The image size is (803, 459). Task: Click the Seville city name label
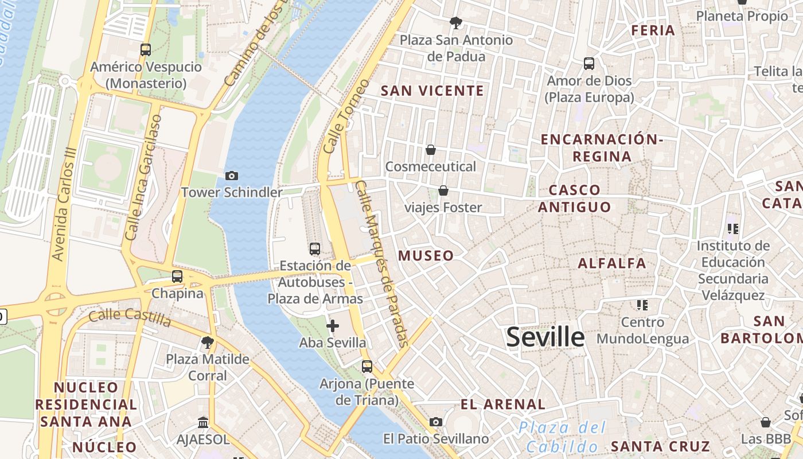(545, 337)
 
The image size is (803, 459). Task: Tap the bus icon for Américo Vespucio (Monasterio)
(146, 50)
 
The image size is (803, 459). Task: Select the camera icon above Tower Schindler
(232, 176)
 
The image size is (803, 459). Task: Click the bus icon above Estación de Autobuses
(315, 249)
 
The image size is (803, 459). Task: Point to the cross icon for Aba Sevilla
(333, 326)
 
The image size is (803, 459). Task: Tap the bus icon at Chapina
(177, 277)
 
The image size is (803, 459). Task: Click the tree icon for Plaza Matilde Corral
(208, 343)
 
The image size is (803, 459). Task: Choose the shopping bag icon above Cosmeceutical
(431, 150)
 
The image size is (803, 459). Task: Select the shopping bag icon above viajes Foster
(443, 190)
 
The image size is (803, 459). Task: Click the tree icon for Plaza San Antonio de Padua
(456, 23)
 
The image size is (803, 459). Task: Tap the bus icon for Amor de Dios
(589, 64)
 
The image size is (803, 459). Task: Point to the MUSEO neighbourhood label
(426, 256)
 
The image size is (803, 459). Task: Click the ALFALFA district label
(612, 263)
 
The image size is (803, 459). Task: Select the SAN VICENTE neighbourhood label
(432, 91)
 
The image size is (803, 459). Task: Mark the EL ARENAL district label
(503, 404)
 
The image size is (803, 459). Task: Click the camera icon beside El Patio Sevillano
(436, 422)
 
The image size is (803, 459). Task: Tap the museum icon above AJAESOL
(203, 423)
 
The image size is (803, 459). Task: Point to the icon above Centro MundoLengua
(642, 305)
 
